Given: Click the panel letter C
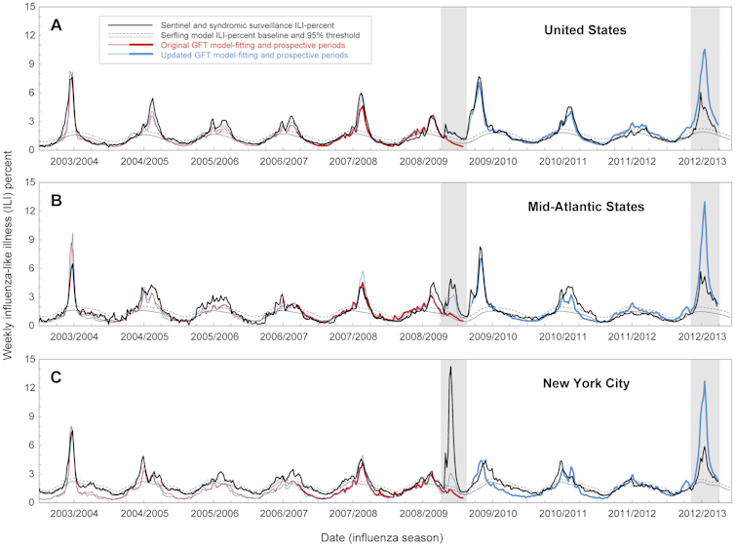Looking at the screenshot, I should coord(57,375).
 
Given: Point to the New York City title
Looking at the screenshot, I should coord(585,382).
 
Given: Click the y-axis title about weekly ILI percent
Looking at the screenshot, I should coord(9,252).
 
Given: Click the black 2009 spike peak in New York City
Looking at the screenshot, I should coord(450,367).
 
